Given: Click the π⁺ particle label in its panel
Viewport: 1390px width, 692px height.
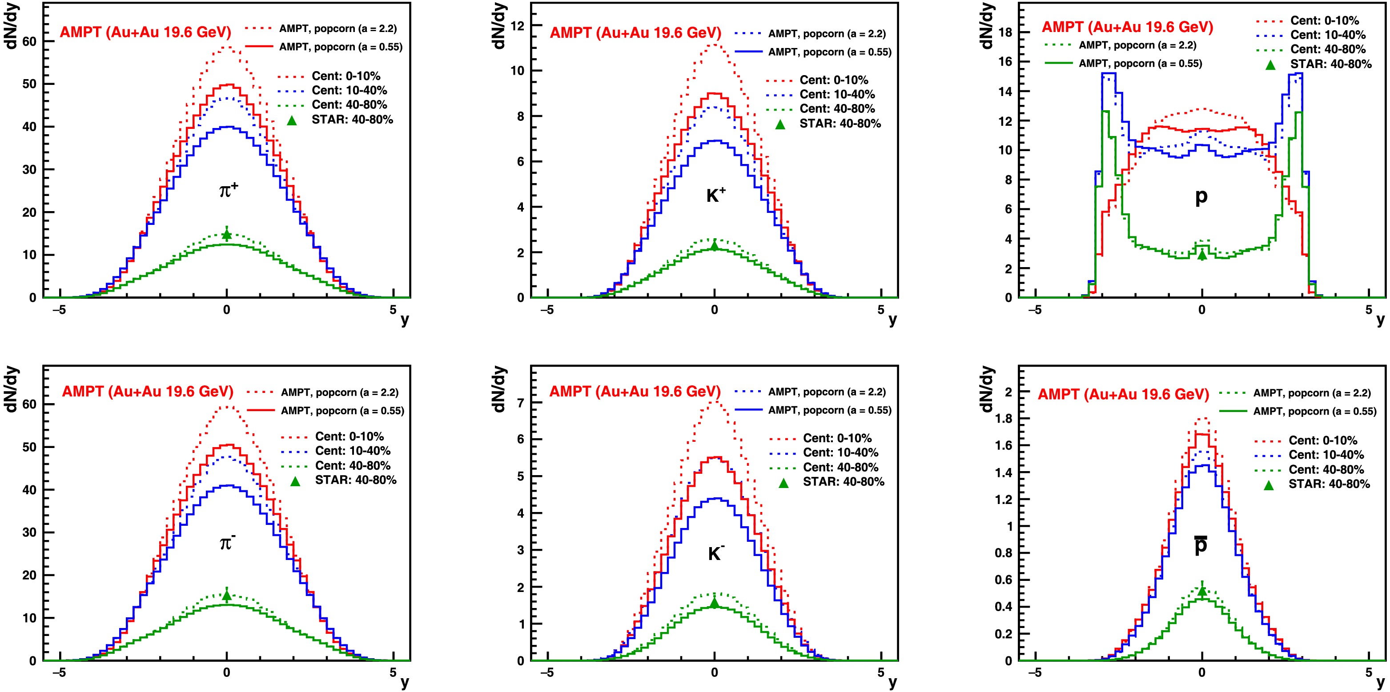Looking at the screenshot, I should tap(228, 190).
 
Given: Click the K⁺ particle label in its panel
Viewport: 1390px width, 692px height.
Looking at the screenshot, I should tap(716, 195).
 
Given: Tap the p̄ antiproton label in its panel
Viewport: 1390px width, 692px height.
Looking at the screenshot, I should tap(1201, 545).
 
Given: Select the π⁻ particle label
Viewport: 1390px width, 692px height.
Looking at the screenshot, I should tap(228, 543).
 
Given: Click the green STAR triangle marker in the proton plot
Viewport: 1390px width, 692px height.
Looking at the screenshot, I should tap(1201, 255).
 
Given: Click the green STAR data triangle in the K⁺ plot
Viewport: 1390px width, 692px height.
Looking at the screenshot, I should tap(715, 246).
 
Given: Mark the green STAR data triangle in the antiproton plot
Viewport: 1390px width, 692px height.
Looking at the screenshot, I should tap(1201, 591).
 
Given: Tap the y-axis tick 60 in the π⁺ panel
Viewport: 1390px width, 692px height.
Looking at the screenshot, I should tap(29, 41).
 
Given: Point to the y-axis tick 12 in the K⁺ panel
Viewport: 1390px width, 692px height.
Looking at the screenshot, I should tap(518, 25).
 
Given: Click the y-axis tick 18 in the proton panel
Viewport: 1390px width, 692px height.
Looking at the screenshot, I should tap(1005, 32).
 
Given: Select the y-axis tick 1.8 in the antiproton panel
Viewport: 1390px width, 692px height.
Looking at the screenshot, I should tap(1004, 419).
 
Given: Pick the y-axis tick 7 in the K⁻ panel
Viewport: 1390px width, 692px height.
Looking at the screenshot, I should tap(520, 402).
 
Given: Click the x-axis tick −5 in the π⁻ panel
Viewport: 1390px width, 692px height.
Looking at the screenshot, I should tap(59, 672).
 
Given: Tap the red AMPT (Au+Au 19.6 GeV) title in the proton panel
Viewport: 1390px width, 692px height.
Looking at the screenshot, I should tap(1127, 28).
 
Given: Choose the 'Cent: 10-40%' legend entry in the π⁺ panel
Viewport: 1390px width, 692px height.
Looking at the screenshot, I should tap(349, 91).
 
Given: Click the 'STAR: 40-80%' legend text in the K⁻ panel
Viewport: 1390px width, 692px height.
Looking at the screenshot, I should tap(844, 482).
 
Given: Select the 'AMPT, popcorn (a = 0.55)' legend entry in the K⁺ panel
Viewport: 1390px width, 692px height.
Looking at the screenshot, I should tap(830, 52).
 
